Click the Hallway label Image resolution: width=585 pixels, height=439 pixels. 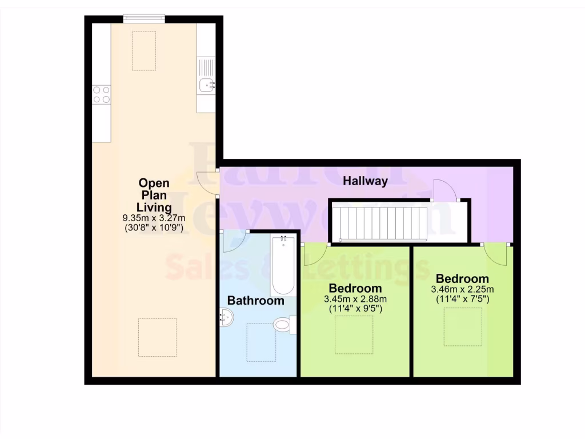[x=366, y=181]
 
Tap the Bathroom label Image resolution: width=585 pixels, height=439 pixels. [x=255, y=300]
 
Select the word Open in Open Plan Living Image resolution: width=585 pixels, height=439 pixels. [x=154, y=183]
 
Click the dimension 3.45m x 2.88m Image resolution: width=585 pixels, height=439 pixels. [x=355, y=299]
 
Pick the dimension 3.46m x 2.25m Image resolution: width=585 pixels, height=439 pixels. [x=462, y=289]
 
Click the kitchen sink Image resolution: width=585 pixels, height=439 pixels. [x=206, y=85]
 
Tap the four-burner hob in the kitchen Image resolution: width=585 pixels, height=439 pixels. [x=101, y=94]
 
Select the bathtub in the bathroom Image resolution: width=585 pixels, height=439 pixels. [x=283, y=266]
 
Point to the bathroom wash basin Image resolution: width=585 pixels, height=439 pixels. [x=226, y=317]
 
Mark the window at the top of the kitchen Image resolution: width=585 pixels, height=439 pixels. [x=144, y=19]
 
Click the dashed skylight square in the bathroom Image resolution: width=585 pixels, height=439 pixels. [x=261, y=342]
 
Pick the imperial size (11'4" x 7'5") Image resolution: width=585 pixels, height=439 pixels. [x=462, y=299]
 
